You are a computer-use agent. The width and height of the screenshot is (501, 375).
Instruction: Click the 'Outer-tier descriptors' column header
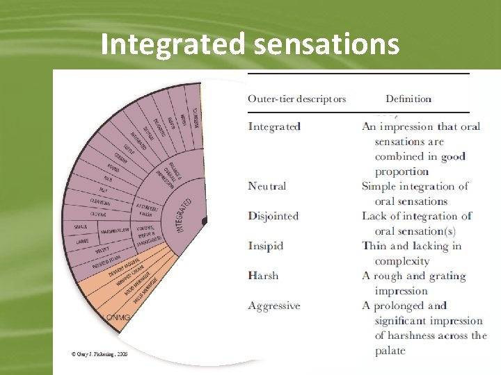[x=296, y=99]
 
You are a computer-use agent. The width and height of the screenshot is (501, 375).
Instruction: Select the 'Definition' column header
[x=408, y=99]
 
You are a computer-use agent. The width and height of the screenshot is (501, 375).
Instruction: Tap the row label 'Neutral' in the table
[x=267, y=186]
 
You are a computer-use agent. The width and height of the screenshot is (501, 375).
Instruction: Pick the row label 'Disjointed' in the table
[x=273, y=216]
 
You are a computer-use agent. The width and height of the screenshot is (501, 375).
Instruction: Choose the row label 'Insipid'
[x=266, y=246]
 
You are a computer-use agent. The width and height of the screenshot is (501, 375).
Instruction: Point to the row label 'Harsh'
[x=263, y=276]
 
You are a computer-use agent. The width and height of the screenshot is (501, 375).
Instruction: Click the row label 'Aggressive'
[x=274, y=306]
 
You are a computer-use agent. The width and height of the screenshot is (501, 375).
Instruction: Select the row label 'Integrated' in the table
[x=274, y=126]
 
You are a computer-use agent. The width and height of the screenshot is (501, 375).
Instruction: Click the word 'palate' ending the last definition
[x=390, y=351]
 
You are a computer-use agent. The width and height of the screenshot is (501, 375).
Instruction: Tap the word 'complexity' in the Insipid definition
[x=402, y=261]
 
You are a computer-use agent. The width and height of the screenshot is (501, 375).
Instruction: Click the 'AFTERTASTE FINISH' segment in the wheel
[x=147, y=210]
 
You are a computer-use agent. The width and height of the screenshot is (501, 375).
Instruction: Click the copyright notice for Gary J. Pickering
[x=100, y=353]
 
